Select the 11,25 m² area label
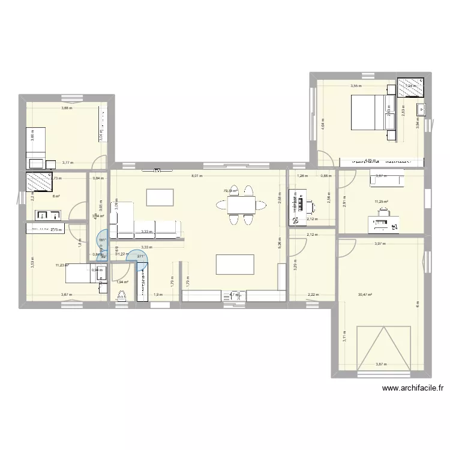tap(381, 202)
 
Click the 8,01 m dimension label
tap(197, 176)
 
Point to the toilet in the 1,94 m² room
tap(122, 295)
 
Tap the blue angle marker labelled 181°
tap(102, 239)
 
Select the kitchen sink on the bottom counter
tap(235, 295)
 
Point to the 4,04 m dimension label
tap(323, 127)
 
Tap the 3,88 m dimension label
tap(67, 108)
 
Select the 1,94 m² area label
tap(123, 281)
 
